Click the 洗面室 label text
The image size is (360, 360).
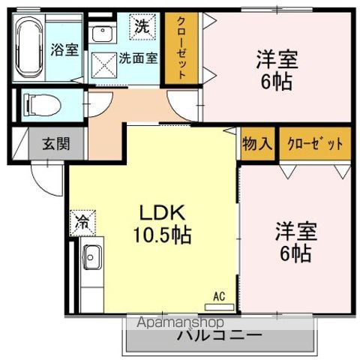coord(140,58)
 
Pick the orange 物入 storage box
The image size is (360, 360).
coord(256,143)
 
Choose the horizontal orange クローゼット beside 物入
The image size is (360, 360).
coord(313,143)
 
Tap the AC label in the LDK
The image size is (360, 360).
coord(219,296)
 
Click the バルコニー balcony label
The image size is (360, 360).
coord(219,335)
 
